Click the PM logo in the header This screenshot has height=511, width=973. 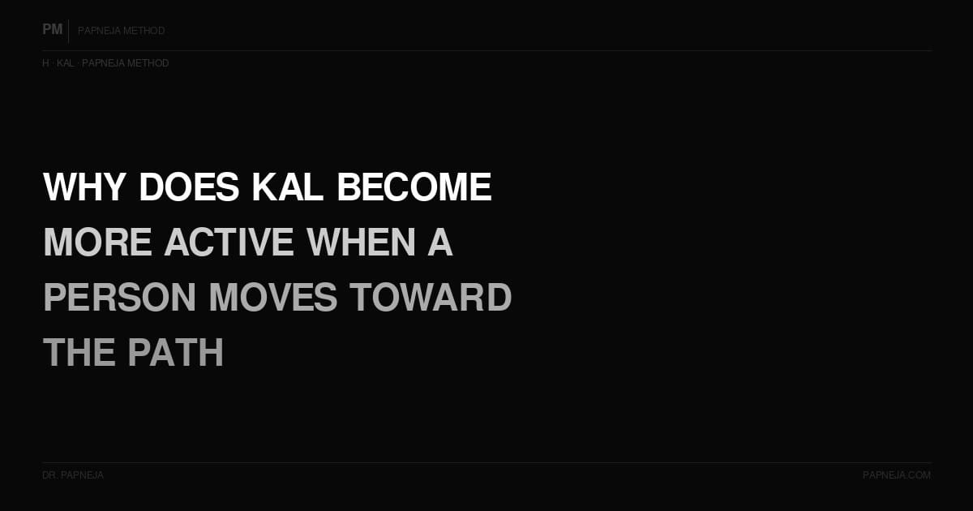[53, 30]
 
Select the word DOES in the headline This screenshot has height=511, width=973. [189, 187]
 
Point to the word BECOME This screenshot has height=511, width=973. [414, 187]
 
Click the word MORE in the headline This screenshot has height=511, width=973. [97, 243]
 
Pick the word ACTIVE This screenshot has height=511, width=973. [229, 243]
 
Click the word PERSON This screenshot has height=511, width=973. [120, 298]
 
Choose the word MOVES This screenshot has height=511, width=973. [273, 298]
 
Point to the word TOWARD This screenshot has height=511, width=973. [431, 298]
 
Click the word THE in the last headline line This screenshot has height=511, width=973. [78, 353]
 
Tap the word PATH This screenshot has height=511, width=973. [175, 353]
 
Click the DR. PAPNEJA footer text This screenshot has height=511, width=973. [73, 475]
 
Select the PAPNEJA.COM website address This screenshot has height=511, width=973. [897, 475]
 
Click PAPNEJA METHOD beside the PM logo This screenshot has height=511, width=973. [122, 31]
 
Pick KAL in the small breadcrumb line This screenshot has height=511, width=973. [65, 63]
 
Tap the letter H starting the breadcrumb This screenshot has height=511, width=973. [45, 63]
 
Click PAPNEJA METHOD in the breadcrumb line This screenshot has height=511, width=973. [126, 63]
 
